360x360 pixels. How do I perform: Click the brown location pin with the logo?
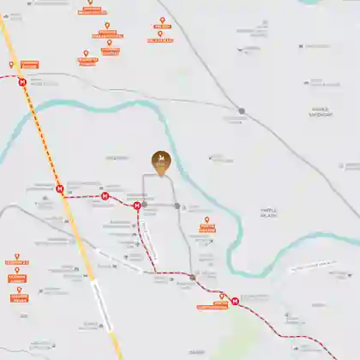(160, 161)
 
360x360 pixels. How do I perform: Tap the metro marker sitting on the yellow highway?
(59, 189)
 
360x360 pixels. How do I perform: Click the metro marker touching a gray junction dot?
(137, 205)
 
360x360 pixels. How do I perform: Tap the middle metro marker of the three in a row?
(105, 196)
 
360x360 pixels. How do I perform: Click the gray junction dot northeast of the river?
(242, 111)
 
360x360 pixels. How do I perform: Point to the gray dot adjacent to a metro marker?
(144, 205)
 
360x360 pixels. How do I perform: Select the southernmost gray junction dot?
(193, 278)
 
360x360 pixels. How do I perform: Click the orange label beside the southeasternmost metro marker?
(212, 305)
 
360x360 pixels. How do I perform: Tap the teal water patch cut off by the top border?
(335, 2)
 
